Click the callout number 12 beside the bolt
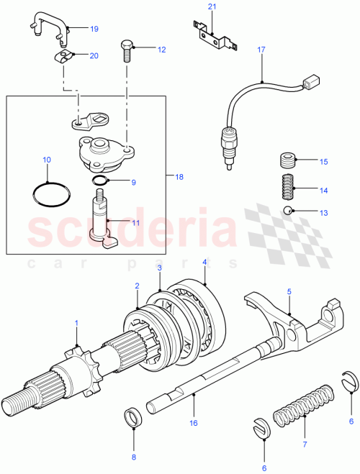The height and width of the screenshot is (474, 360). [x=161, y=50]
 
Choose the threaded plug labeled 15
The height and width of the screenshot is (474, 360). [x=288, y=160]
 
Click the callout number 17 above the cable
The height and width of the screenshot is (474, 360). [x=262, y=50]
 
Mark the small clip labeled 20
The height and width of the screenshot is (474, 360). [x=63, y=56]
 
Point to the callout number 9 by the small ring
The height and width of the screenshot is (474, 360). [x=132, y=183]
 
